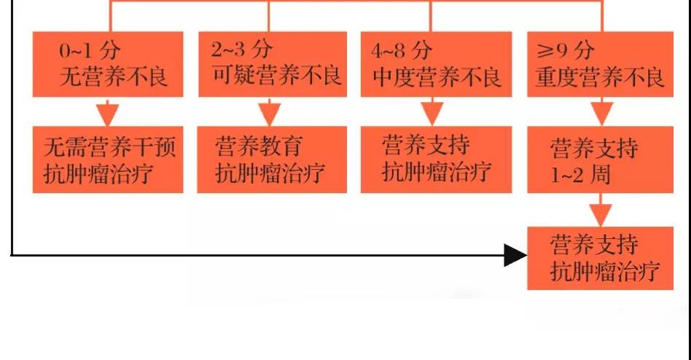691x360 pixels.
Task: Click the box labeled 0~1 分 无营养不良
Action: (x=108, y=64)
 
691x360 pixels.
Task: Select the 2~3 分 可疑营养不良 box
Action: (x=273, y=64)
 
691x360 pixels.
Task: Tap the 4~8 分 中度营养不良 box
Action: (x=437, y=64)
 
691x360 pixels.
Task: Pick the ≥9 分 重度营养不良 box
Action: (x=600, y=64)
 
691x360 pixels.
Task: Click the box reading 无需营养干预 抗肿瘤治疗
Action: (x=108, y=160)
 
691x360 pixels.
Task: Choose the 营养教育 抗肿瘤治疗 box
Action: (x=272, y=160)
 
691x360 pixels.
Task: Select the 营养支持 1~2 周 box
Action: (x=600, y=160)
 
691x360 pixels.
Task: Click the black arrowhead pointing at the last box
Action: (x=515, y=255)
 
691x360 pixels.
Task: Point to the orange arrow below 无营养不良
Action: (x=107, y=112)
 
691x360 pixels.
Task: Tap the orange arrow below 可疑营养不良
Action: (x=269, y=112)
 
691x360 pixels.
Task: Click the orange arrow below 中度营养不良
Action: (x=432, y=112)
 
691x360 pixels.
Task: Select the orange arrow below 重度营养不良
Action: (x=601, y=112)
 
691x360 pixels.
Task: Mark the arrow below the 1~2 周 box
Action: (x=600, y=210)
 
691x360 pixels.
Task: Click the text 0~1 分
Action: (x=90, y=50)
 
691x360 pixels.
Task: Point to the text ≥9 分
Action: (x=566, y=50)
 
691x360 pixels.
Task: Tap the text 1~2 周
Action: (x=580, y=175)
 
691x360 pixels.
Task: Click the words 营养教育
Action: (x=259, y=146)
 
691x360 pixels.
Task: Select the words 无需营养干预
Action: (x=110, y=146)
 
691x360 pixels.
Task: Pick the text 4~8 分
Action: (x=402, y=50)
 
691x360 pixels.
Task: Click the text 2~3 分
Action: (x=241, y=50)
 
